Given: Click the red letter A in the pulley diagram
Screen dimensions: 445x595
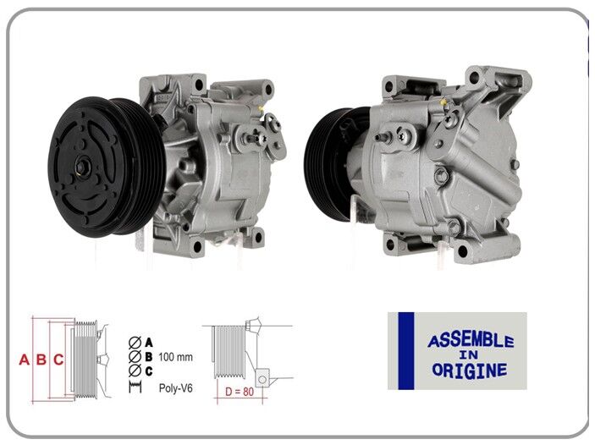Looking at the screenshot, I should [24, 360].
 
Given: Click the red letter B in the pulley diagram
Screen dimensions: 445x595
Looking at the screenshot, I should [41, 360].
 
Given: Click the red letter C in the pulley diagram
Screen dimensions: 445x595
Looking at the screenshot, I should [58, 360].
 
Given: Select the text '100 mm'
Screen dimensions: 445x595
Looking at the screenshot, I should [175, 357].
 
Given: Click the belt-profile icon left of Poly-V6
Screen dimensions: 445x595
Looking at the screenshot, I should [134, 387].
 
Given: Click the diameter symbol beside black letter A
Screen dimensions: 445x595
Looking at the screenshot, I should [134, 343].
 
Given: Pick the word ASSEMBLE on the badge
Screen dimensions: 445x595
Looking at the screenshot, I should [470, 340].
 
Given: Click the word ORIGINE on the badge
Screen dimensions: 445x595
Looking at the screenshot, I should [469, 371].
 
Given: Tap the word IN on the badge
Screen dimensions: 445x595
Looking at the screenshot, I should [470, 356].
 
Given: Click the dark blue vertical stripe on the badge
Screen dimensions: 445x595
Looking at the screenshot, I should [405, 350].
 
